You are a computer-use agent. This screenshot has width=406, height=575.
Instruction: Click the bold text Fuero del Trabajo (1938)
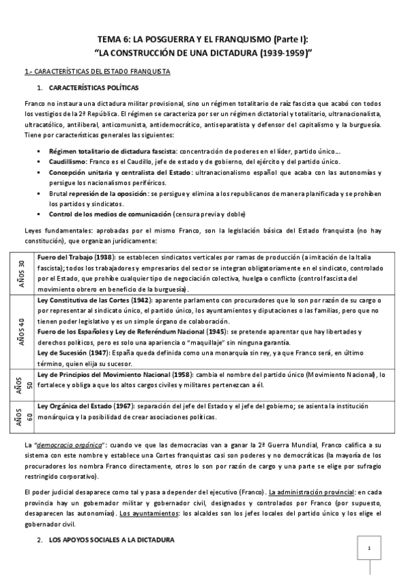click(76, 258)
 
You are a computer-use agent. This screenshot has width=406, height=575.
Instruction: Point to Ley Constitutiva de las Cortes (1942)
click(94, 300)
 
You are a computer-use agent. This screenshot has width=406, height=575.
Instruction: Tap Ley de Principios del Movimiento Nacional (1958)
click(116, 374)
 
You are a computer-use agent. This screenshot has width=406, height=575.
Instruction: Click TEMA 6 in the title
click(113, 39)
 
